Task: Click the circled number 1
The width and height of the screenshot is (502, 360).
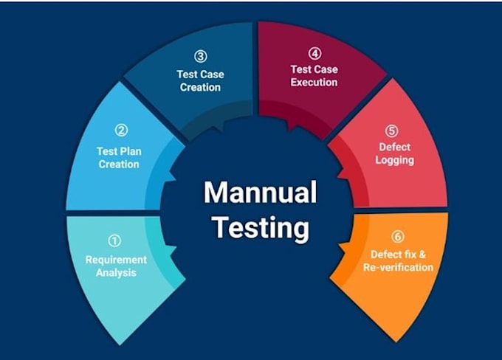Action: point(115,240)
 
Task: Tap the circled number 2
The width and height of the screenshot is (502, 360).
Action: point(122,131)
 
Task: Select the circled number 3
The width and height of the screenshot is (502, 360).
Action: point(200,56)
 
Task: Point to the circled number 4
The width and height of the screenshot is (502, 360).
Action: point(314,54)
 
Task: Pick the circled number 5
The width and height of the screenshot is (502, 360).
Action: point(392,131)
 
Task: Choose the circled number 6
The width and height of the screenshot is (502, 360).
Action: point(398,237)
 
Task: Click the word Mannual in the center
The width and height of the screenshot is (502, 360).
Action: point(260,193)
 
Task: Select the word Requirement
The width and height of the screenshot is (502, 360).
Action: point(116,260)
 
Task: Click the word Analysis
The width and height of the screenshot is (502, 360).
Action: point(116,273)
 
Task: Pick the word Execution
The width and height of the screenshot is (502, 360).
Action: point(314,82)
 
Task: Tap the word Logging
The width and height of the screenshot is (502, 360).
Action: point(394,160)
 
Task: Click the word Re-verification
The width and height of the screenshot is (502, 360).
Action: point(398,267)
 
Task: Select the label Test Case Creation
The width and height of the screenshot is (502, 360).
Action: point(199,80)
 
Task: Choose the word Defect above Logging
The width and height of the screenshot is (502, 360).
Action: point(394,148)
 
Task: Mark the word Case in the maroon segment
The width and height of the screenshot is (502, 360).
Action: point(325,69)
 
